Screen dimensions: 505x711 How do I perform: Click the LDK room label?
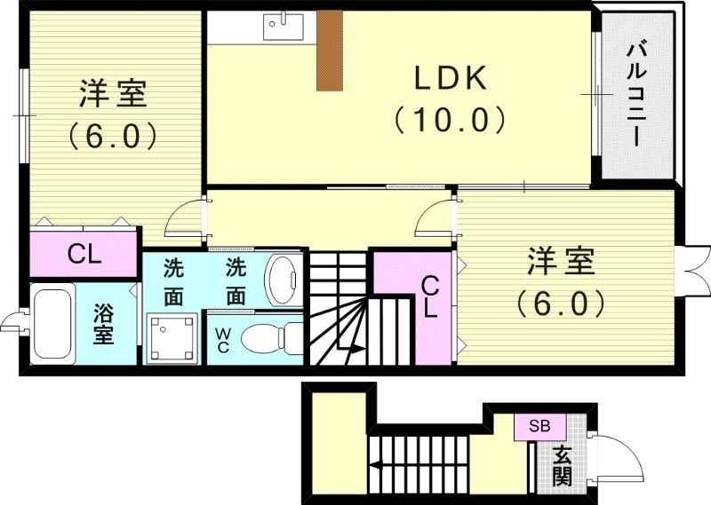click(x=450, y=78)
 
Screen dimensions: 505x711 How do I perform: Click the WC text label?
click(x=222, y=339)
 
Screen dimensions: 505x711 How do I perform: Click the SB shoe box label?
click(x=539, y=426)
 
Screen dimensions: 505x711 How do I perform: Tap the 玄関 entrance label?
click(x=563, y=466)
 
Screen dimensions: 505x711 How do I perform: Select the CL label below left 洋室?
click(x=85, y=256)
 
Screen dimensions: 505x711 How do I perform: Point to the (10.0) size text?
click(x=450, y=118)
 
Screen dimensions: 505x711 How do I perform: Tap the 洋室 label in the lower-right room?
click(x=561, y=264)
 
